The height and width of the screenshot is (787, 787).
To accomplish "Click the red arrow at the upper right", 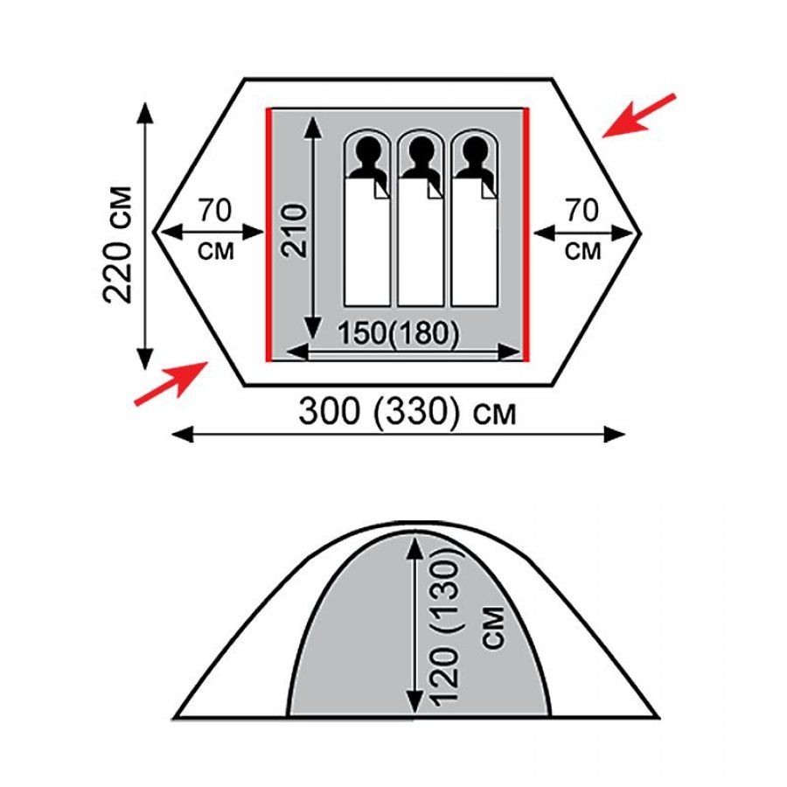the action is click(x=639, y=115).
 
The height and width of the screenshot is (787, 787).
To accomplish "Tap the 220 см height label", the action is click(x=117, y=245).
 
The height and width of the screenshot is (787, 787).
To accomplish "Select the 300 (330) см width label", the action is click(x=407, y=411).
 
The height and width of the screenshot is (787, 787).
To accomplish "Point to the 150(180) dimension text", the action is click(x=399, y=333).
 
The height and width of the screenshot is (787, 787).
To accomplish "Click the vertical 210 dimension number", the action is click(x=293, y=230).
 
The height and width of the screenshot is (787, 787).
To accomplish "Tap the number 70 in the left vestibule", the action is click(x=215, y=210).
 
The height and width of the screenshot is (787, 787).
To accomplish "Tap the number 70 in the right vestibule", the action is click(x=582, y=210).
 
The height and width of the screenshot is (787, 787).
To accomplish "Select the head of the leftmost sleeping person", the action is click(x=367, y=150).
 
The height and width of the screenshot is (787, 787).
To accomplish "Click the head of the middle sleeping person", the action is click(x=421, y=150).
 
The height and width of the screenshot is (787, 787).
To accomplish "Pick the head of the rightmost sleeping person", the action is click(x=475, y=150).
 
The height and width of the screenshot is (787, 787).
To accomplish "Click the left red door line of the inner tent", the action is click(x=268, y=234).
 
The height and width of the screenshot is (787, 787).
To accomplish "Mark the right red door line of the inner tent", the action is click(x=526, y=234).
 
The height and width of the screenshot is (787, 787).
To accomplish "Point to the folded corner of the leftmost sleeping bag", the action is click(x=382, y=191).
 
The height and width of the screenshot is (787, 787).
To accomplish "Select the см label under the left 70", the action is click(x=216, y=251).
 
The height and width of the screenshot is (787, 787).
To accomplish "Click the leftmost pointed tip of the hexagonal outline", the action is click(x=153, y=233).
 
